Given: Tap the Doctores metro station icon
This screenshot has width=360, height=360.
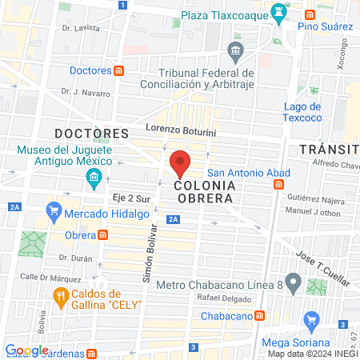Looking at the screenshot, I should click(118, 70).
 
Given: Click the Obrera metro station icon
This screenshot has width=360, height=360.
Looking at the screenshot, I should click(103, 234).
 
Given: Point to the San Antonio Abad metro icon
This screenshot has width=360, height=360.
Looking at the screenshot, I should click(278, 184).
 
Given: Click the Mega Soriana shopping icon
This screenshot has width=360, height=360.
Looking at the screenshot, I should click(313, 323).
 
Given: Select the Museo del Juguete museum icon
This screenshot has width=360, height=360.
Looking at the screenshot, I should click(94, 176).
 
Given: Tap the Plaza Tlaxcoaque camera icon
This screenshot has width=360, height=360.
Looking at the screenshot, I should click(278, 13).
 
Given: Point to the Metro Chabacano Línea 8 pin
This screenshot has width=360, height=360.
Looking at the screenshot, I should click(294, 282).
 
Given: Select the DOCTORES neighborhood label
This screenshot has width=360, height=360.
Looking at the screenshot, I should click(91, 133).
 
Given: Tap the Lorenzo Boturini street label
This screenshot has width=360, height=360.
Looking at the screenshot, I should click(182, 128).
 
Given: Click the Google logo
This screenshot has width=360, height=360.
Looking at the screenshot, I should click(26, 350).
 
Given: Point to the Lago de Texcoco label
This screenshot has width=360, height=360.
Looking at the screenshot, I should click(302, 111).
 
